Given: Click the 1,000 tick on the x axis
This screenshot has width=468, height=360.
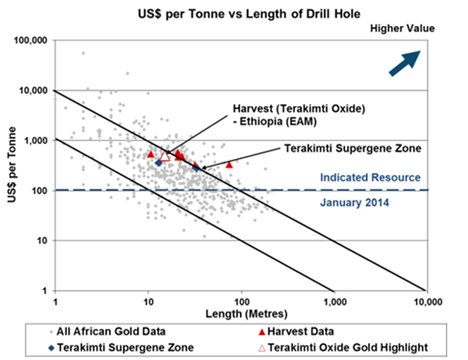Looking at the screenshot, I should (x=335, y=301).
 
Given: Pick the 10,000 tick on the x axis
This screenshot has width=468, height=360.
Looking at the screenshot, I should (x=427, y=301).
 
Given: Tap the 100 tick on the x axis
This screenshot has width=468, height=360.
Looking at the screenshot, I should (x=242, y=301).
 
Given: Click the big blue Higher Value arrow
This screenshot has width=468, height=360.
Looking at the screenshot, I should (x=405, y=63).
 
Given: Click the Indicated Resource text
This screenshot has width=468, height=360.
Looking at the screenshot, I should (x=370, y=178).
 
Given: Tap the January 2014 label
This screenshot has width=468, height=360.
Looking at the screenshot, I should (x=355, y=202).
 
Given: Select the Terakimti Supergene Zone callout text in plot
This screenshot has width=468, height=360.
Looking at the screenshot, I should (x=352, y=148).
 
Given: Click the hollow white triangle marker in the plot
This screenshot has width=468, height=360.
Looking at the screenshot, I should (x=165, y=156).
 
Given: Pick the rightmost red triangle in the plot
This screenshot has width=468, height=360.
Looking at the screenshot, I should (x=229, y=164).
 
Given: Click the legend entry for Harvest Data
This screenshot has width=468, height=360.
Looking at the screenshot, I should (x=300, y=331).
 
